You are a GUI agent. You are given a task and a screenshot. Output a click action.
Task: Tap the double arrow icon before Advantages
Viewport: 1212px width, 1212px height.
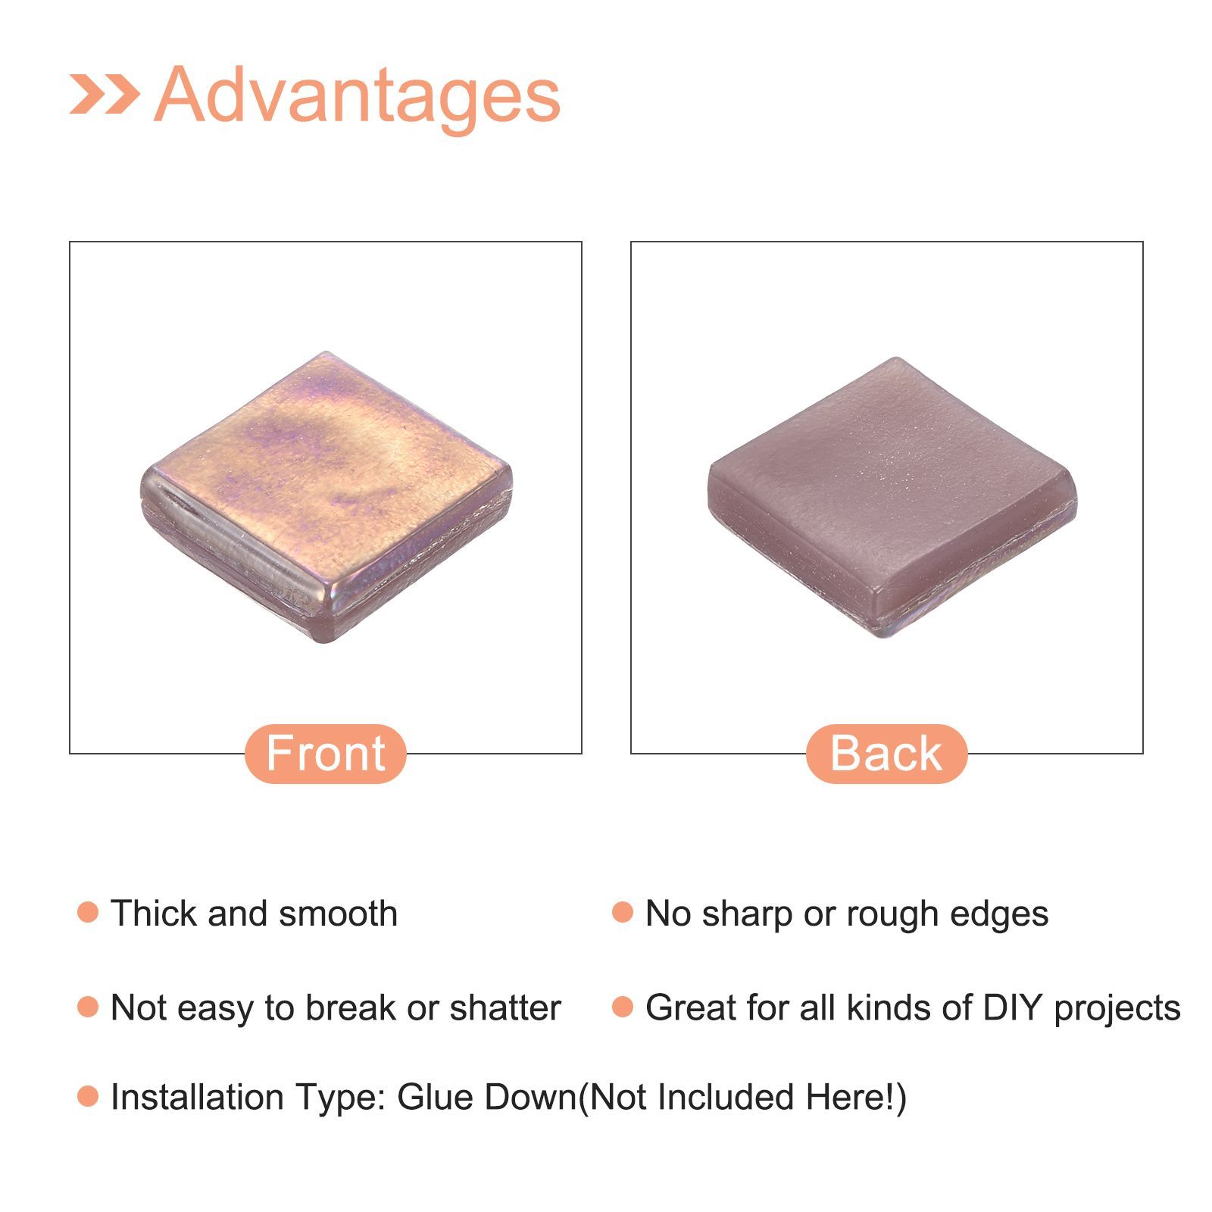click(x=105, y=94)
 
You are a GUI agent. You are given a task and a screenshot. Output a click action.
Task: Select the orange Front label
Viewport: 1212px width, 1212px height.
click(x=326, y=753)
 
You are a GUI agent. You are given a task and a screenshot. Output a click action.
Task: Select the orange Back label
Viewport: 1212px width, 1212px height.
click(x=886, y=753)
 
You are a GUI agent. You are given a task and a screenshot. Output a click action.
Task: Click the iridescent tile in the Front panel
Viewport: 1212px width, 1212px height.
click(x=326, y=497)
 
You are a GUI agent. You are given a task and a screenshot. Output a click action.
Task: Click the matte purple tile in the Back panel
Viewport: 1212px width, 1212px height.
click(x=892, y=497)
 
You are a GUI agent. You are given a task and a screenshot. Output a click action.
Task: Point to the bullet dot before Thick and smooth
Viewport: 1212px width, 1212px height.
click(x=88, y=912)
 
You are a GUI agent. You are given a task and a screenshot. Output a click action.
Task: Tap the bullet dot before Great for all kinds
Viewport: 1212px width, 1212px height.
click(x=622, y=1007)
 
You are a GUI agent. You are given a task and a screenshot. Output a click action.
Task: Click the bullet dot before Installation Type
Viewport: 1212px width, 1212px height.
click(x=88, y=1096)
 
